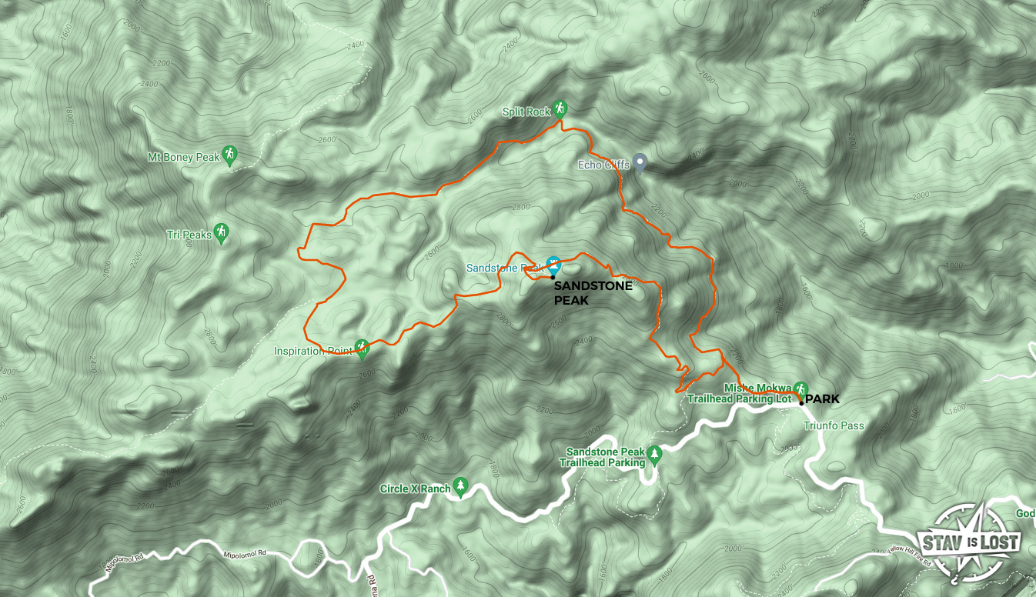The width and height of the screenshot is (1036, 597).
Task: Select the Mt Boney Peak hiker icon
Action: point(229,155)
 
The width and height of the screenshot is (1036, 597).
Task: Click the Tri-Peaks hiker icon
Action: point(222,232)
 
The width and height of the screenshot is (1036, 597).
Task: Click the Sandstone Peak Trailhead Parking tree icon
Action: point(654,454)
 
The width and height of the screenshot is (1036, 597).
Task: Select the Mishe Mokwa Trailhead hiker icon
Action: point(800,389)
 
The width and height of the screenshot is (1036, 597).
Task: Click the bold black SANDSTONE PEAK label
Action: point(593,292)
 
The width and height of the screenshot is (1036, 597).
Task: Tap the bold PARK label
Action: point(823,399)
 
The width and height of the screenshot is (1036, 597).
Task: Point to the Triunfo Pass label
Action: point(834,425)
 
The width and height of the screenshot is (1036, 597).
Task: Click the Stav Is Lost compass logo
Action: point(969,542)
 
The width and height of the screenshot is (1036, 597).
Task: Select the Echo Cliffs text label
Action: point(603,165)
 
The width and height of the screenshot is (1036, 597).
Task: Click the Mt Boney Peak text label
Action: point(184,158)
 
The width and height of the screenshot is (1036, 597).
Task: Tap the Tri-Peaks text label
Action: point(189,235)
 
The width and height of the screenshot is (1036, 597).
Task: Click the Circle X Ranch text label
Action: point(415,489)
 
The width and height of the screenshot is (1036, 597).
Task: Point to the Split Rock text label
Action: point(526,112)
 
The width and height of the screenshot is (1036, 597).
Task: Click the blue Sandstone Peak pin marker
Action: point(553,265)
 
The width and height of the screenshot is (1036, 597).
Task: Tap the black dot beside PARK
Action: point(801,403)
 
